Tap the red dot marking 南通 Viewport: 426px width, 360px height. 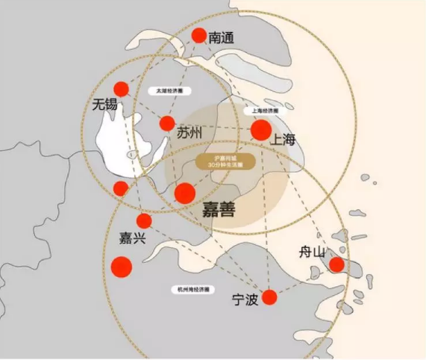198,35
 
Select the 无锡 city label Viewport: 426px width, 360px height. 104,105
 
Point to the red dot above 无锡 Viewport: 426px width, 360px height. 121,89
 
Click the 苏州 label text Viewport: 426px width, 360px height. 190,132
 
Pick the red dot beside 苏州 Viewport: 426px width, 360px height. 167,123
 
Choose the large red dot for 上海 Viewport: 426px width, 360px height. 261,130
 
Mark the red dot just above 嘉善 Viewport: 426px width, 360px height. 184,193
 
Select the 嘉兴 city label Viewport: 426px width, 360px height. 133,238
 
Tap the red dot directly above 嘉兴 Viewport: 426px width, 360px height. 144,221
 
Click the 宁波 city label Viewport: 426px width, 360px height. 245,301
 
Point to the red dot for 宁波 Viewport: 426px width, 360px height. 269,297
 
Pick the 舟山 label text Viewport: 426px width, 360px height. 312,251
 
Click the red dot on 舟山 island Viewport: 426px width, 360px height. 336,264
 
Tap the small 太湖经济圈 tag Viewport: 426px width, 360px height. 169,91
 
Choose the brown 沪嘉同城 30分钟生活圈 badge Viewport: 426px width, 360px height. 226,161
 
